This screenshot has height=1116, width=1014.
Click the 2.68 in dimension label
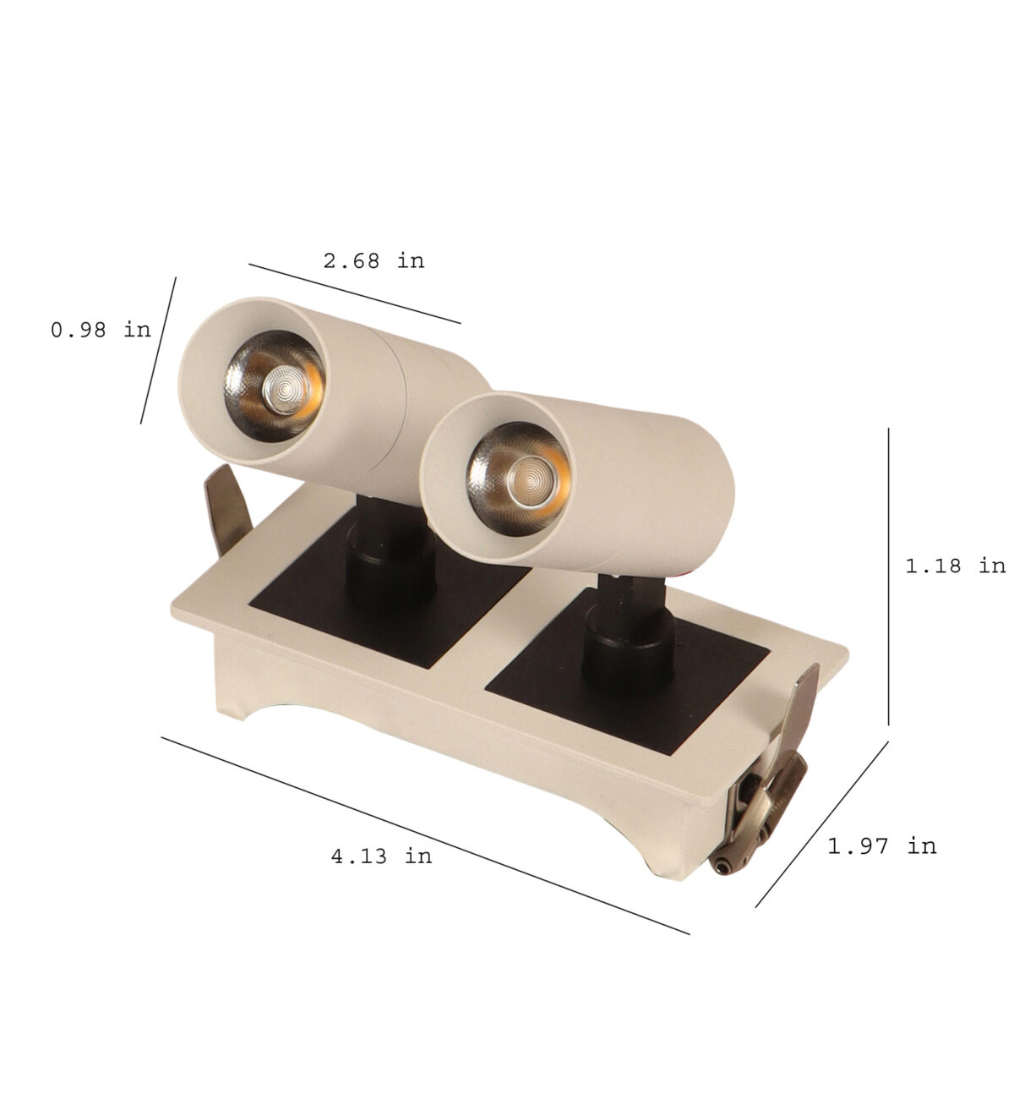point(373,260)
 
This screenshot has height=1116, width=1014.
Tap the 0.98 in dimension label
point(101,330)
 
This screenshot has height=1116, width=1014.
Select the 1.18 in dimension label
point(956,566)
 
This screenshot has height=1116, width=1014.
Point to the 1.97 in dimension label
point(881,846)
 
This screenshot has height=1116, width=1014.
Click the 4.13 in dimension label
point(382,856)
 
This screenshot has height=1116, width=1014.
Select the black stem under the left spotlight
point(390,556)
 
